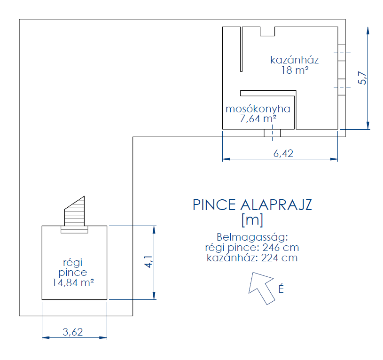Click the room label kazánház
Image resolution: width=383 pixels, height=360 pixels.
point(294,60)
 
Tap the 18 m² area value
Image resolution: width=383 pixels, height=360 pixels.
point(295,70)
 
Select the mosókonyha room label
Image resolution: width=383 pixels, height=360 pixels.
point(258,109)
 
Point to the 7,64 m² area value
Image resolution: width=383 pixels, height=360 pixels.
point(258,119)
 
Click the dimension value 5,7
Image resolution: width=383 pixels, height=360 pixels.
point(362,78)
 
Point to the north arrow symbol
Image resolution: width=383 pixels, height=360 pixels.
point(261,286)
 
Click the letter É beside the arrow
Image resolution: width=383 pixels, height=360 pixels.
point(281,290)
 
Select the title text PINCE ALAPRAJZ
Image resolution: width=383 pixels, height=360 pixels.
point(252,205)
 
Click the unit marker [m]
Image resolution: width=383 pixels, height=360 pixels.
point(252,219)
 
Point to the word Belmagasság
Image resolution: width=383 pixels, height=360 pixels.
point(252,236)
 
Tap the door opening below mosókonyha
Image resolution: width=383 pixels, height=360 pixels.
point(272,133)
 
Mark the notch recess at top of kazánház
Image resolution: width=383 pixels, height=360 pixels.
point(267,31)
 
